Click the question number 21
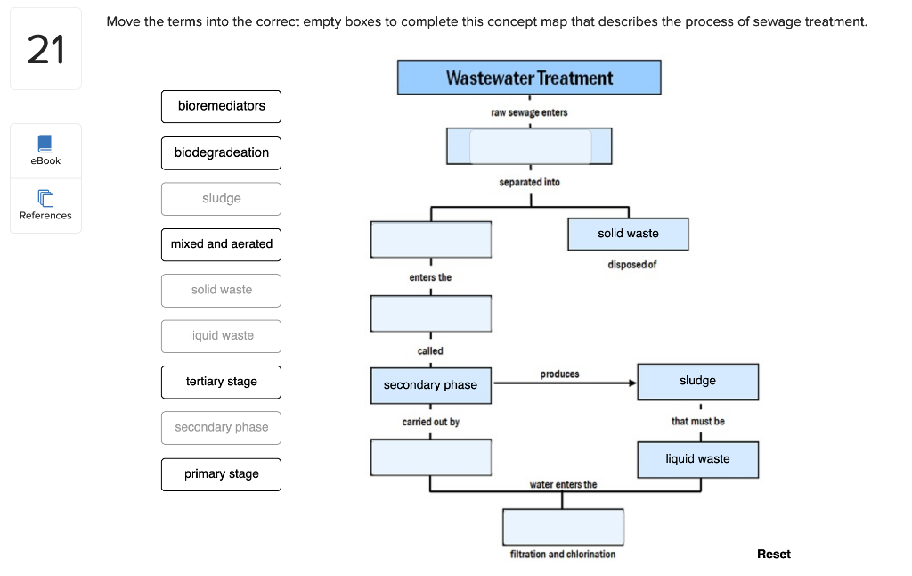45,50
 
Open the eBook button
45,150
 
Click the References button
45,204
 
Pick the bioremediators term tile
221,106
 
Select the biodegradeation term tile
221,152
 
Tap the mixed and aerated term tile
221,243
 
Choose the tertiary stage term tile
221,382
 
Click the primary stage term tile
221,474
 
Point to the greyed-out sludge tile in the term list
221,199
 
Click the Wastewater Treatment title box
529,78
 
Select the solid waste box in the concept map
628,234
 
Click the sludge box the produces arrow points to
697,381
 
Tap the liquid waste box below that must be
697,459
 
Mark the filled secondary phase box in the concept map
430,385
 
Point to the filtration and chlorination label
562,555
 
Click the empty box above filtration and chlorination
562,527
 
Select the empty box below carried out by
430,457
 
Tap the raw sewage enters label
529,113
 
